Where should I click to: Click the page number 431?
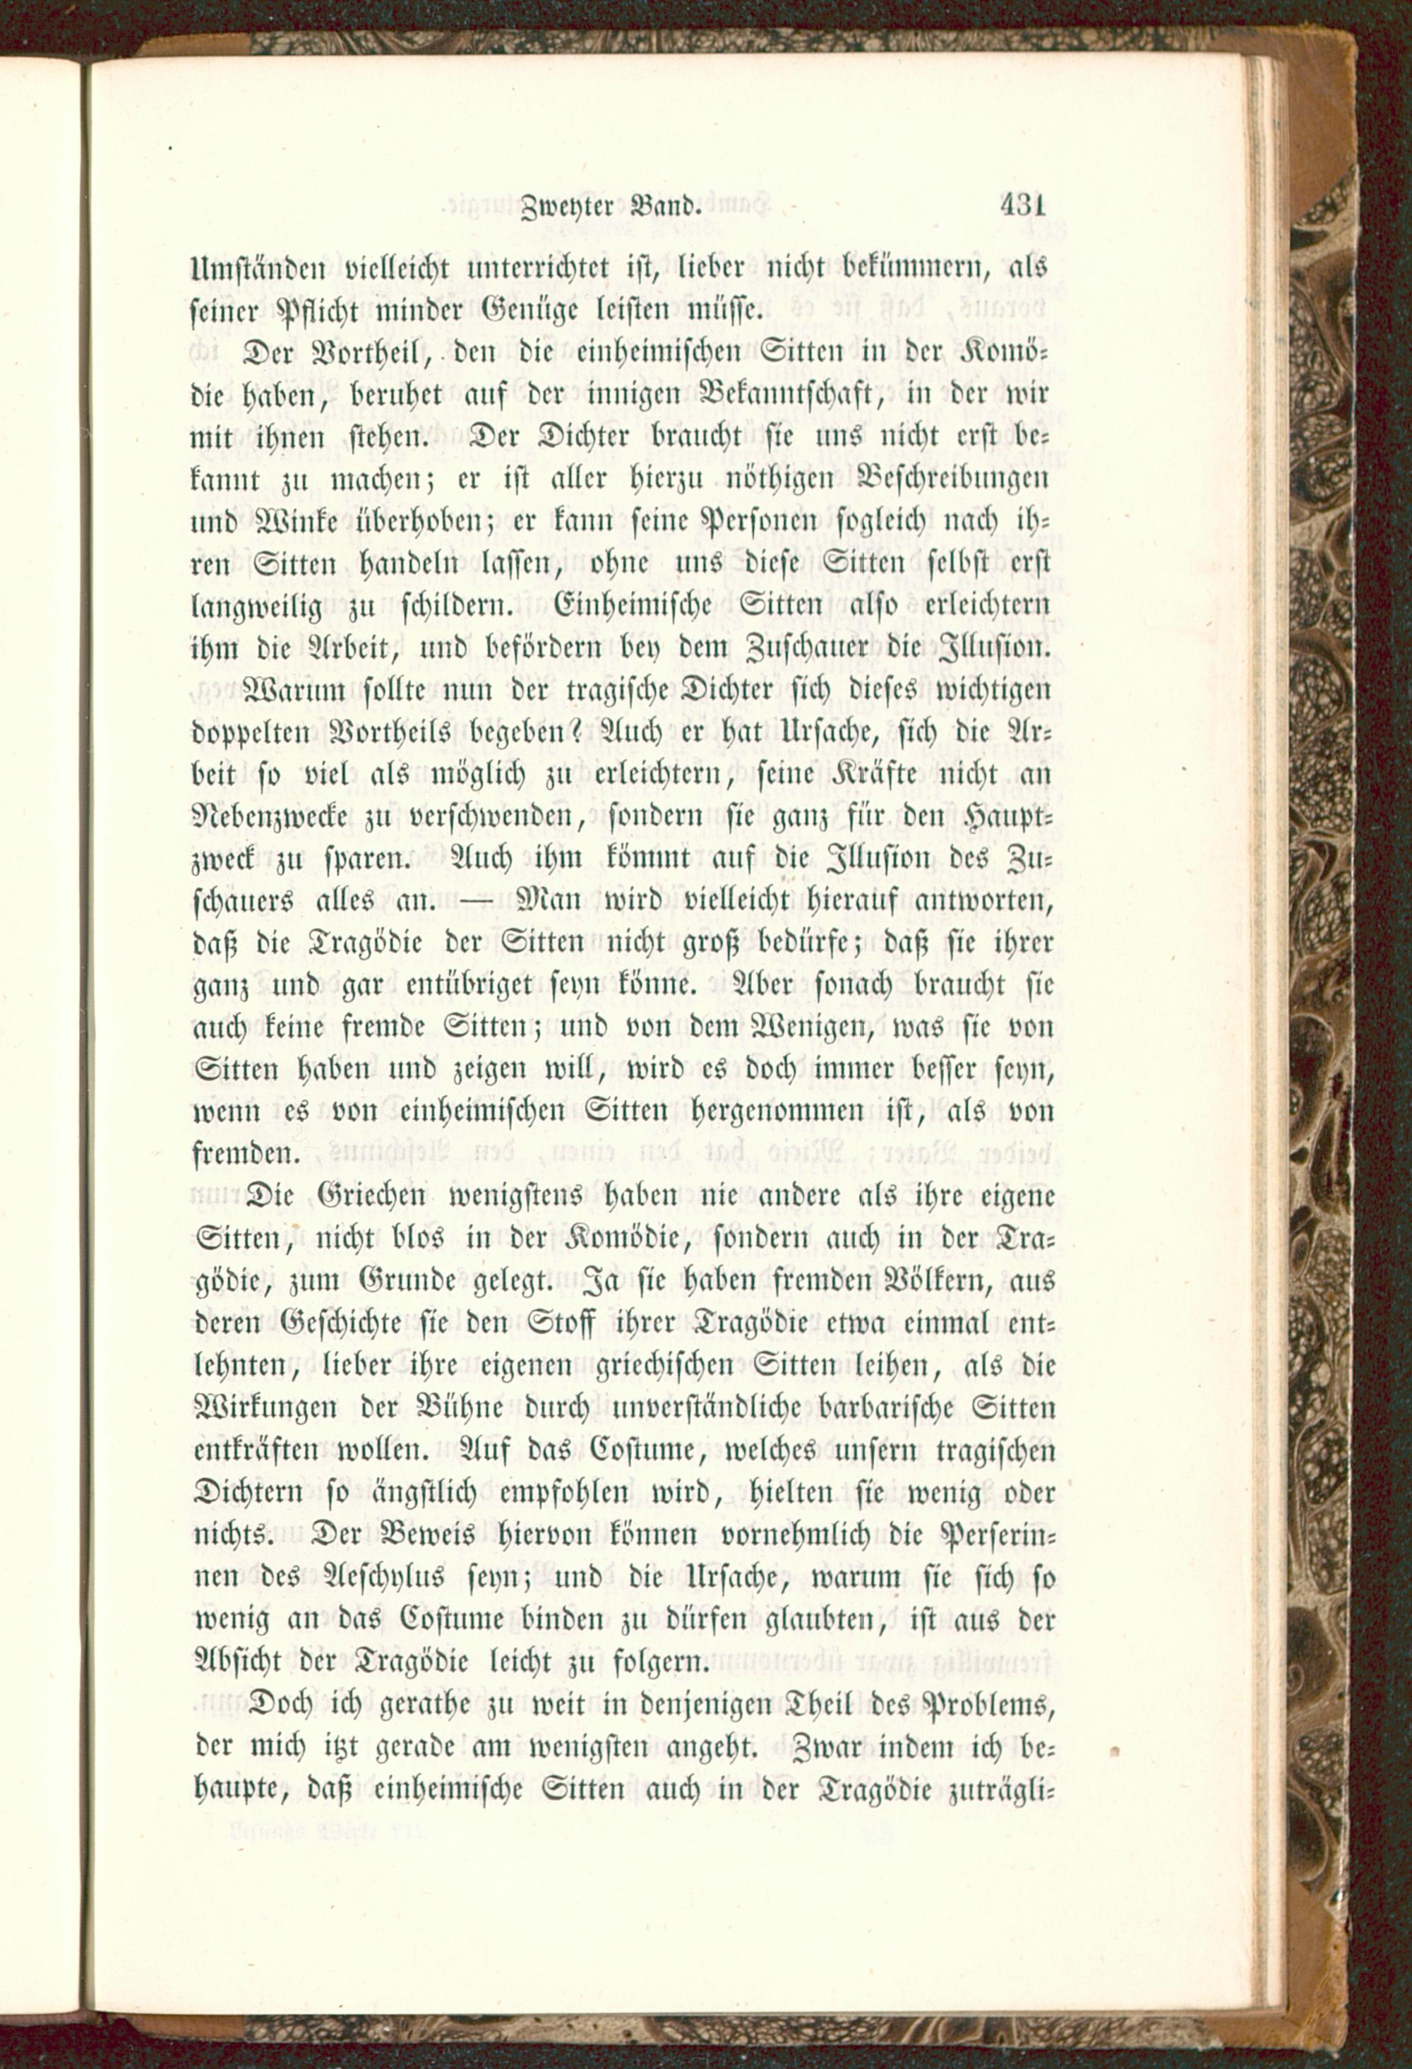[x=1022, y=206]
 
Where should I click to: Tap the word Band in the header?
[x=666, y=208]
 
